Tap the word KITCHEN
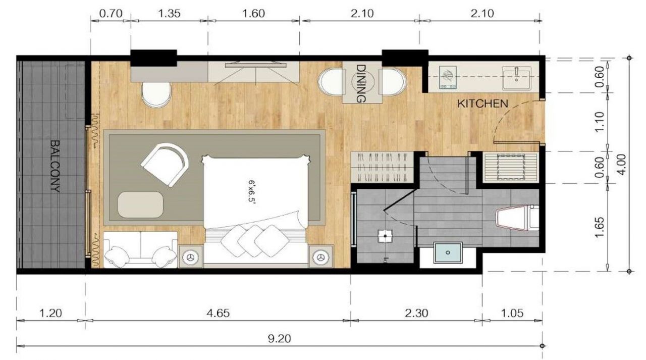pos(482,104)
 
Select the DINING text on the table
pos(361,83)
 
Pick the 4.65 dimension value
pos(218,313)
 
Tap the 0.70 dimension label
pos(110,14)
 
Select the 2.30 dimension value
pos(416,313)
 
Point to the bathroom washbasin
pos(447,252)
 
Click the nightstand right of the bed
pos(321,257)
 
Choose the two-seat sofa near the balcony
pos(140,250)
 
